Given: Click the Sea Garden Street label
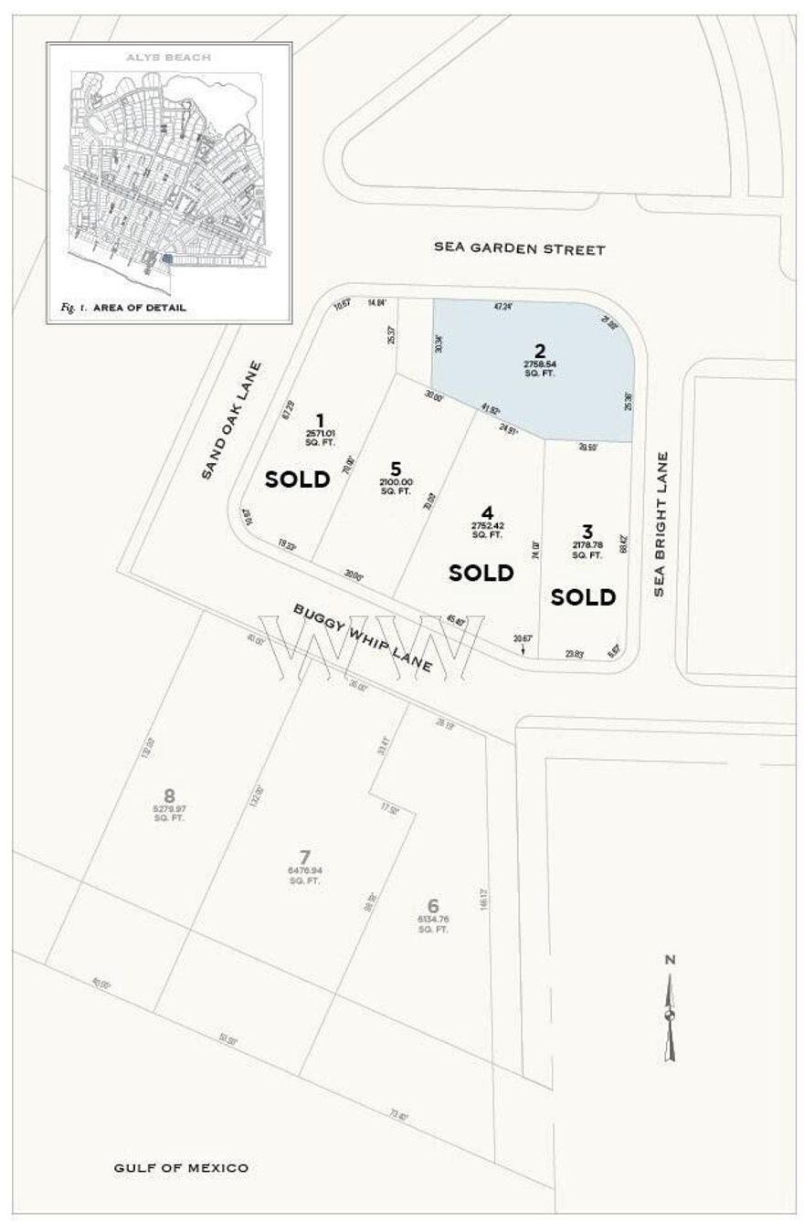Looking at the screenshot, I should click(x=519, y=248).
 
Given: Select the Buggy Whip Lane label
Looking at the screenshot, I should click(x=363, y=637).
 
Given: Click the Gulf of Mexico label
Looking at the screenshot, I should click(x=181, y=1167).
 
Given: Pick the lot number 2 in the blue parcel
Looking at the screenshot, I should click(x=540, y=351).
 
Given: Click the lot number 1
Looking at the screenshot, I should click(x=320, y=420).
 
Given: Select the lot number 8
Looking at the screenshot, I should click(x=169, y=795).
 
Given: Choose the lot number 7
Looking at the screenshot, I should click(x=305, y=857).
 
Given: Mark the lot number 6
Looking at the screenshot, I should click(x=433, y=905).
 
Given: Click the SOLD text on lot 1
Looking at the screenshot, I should click(x=297, y=479).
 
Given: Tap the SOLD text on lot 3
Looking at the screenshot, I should click(x=584, y=597).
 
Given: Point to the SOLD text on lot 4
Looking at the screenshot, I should click(x=481, y=573).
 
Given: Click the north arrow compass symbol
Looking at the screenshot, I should click(x=671, y=1014).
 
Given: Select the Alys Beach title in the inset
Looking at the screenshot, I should click(x=169, y=58).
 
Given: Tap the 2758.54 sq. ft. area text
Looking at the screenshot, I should click(x=539, y=369).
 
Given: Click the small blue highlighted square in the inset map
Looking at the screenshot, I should click(x=166, y=259).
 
